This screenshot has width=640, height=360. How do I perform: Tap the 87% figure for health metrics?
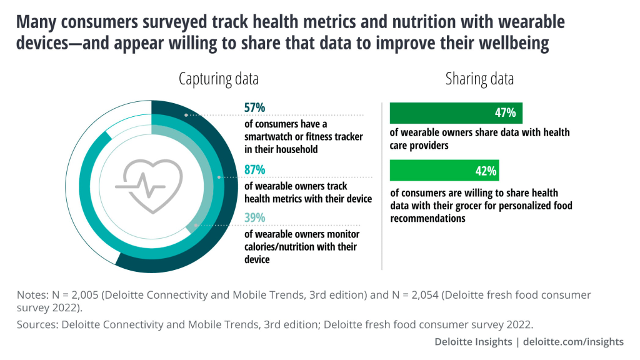pyautogui.click(x=254, y=170)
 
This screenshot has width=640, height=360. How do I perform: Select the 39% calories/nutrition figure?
pyautogui.click(x=254, y=218)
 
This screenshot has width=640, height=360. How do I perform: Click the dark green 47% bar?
pyautogui.click(x=456, y=113)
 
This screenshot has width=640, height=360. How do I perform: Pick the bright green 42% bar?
pyautogui.click(x=444, y=171)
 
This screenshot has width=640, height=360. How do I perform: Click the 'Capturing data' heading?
pyautogui.click(x=218, y=79)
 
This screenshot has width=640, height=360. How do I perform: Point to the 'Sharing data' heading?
pyautogui.click(x=479, y=79)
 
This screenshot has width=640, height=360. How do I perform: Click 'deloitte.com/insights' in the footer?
pyautogui.click(x=572, y=341)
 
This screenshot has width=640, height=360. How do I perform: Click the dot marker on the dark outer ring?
pyautogui.click(x=186, y=116)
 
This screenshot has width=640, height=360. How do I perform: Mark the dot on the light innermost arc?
pyautogui.click(x=196, y=225)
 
